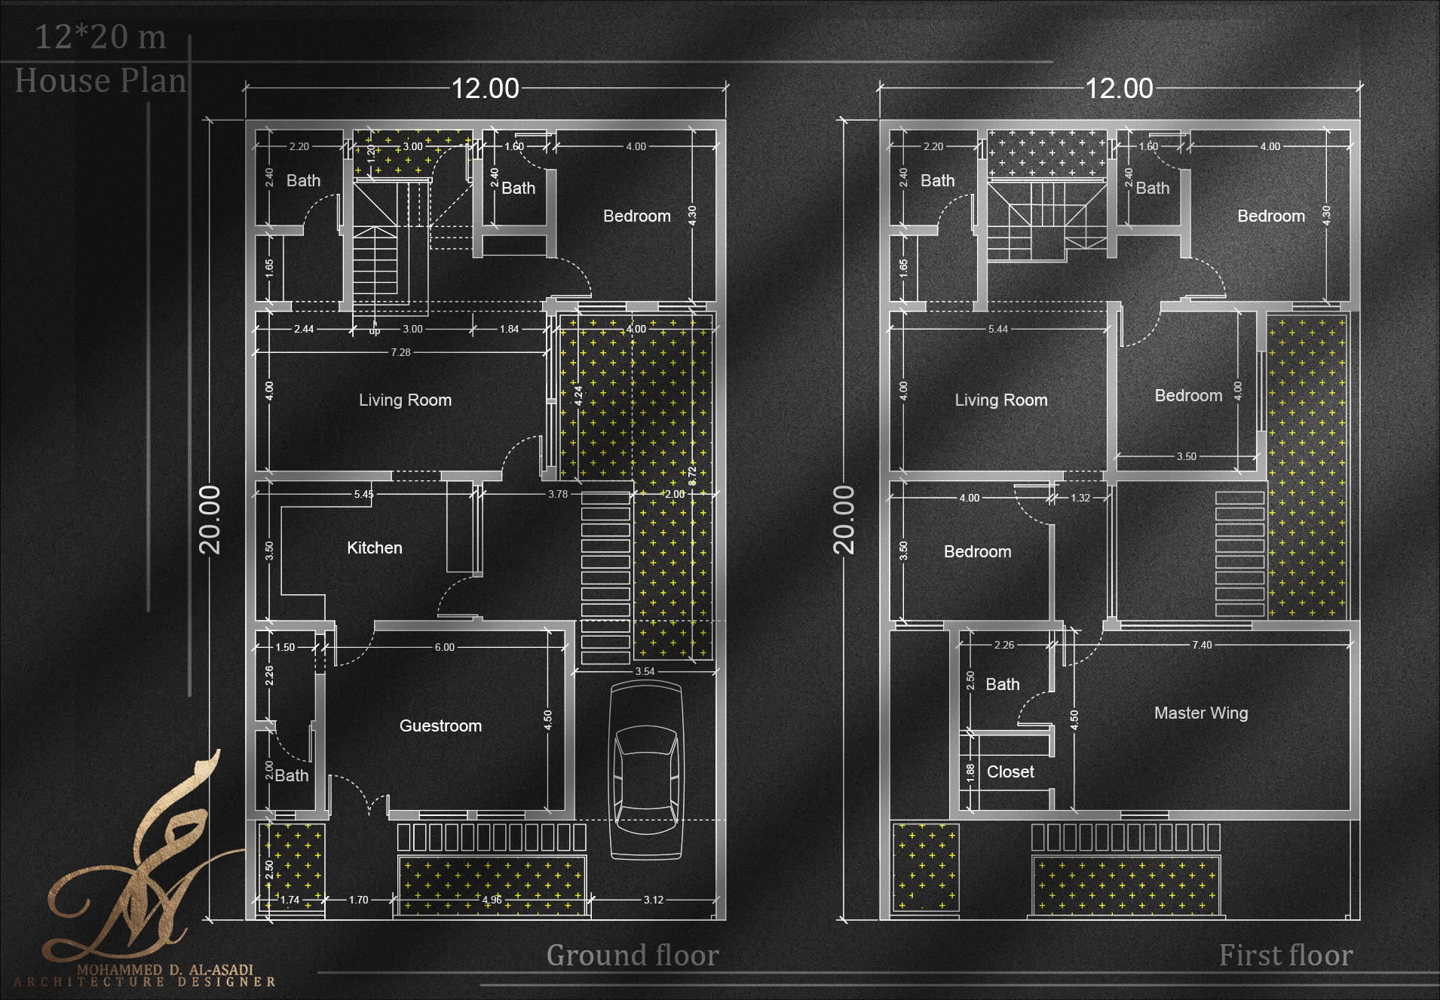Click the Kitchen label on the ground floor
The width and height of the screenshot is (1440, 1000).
[375, 548]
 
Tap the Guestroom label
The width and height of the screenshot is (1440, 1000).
[440, 726]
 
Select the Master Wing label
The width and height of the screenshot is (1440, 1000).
[1201, 713]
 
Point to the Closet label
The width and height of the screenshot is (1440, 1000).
[1010, 772]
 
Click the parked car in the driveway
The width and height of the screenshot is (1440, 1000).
[645, 771]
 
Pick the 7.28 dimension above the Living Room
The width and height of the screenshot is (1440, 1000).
[400, 352]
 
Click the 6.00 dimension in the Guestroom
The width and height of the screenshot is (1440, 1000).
[444, 647]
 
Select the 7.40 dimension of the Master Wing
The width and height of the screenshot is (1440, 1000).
[1202, 645]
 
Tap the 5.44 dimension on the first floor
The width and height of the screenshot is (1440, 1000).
[997, 329]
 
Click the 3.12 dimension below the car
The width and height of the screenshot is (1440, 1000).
[653, 900]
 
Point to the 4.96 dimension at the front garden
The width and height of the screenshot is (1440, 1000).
[492, 900]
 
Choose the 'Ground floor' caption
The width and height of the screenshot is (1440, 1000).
[633, 956]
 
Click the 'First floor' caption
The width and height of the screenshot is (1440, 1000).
[1285, 956]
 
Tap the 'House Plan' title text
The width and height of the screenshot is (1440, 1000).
[100, 81]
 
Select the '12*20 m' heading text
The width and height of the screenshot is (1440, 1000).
[100, 37]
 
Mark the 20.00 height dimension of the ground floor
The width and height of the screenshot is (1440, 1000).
[210, 520]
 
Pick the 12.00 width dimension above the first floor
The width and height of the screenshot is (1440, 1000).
[1119, 89]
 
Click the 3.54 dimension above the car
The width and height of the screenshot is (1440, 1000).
[645, 671]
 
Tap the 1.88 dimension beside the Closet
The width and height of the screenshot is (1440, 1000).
[970, 771]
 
